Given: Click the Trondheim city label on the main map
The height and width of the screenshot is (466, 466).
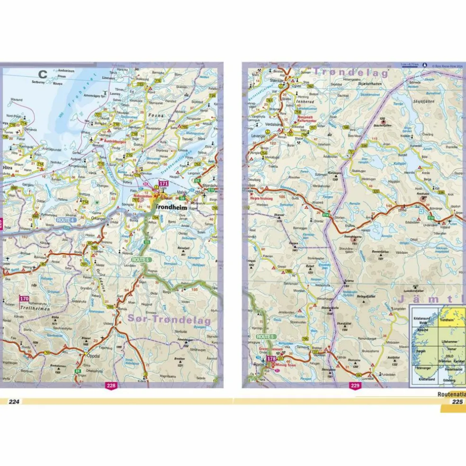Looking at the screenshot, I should (171, 207).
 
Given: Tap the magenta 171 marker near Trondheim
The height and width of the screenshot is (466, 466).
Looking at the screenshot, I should (164, 184).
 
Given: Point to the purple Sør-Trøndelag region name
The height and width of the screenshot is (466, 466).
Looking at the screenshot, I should (168, 319).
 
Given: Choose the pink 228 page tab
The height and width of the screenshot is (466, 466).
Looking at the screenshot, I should (111, 385).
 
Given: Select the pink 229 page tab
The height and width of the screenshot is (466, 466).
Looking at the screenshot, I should (355, 385).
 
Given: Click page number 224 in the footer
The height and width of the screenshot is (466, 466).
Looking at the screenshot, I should (14, 402).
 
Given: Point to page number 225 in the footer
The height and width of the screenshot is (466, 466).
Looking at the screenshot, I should (457, 402).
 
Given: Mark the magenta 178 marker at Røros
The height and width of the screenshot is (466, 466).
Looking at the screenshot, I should (271, 359).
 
